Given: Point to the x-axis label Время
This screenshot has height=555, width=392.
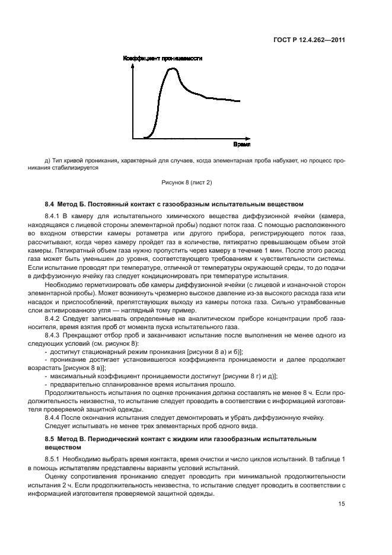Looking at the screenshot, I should [x=241, y=144].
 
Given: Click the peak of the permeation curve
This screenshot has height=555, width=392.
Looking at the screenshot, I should [x=173, y=69].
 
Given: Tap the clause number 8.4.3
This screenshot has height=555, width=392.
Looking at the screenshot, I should [x=55, y=334].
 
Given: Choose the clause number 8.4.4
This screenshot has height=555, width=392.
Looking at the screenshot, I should [x=55, y=417].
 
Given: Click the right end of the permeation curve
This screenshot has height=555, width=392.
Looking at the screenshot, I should [x=240, y=101].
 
